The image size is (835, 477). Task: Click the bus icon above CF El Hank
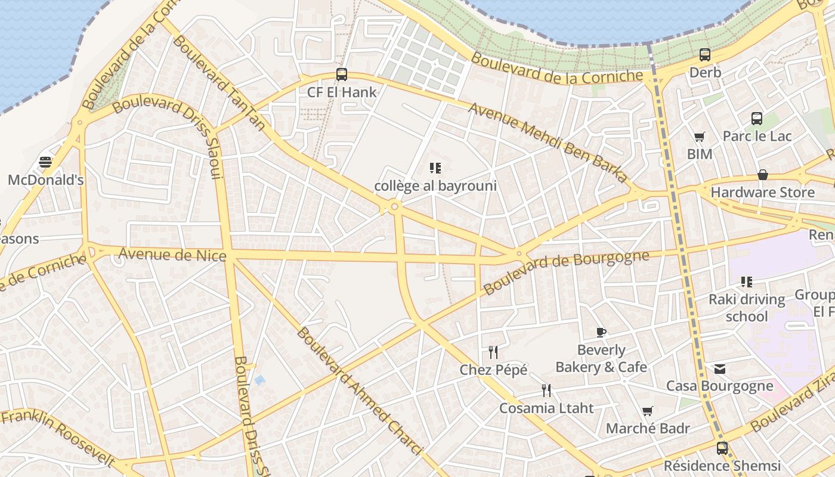[342, 75]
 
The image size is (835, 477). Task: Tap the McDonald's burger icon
[45, 162]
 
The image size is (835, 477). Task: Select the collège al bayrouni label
[435, 185]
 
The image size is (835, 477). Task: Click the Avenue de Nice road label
[172, 255]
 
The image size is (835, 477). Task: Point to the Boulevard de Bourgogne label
[566, 272]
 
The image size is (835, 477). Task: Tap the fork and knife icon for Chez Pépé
[493, 352]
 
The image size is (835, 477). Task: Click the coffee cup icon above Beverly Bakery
[601, 332]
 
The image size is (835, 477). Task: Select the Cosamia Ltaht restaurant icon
[546, 391]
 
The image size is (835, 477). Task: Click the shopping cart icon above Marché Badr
[648, 411]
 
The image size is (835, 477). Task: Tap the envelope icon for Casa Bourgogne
[720, 368]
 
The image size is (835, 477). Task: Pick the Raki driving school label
[747, 308]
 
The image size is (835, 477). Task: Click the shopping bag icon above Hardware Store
[762, 175]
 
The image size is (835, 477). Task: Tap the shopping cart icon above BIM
[700, 137]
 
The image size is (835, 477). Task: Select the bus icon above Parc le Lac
[757, 118]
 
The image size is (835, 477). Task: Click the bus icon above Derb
[705, 55]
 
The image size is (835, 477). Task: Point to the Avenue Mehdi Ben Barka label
[548, 142]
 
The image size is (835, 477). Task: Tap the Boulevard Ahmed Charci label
[359, 391]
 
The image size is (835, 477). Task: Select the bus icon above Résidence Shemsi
[722, 448]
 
